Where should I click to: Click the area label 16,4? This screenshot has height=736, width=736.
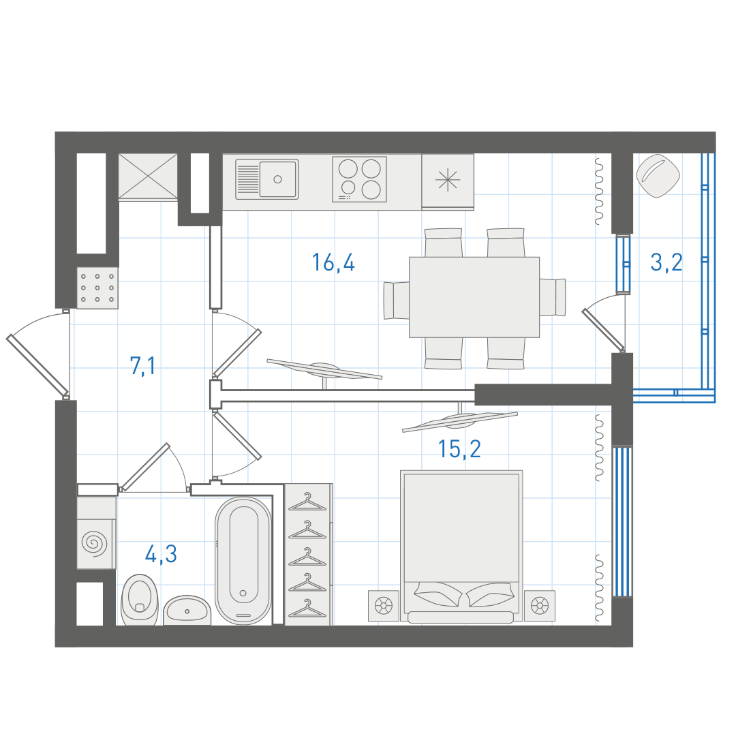(x=333, y=262)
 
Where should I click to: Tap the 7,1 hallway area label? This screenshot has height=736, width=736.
(x=142, y=366)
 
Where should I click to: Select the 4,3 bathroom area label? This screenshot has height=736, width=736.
(x=161, y=554)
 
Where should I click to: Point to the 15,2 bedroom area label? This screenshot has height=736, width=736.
(x=459, y=449)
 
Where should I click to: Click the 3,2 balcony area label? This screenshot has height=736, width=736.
(x=666, y=262)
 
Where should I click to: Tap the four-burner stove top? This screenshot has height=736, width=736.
(x=360, y=179)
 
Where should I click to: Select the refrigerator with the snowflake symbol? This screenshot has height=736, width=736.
(x=448, y=181)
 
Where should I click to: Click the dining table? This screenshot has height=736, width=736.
(x=474, y=297)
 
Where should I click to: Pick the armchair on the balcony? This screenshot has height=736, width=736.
(x=658, y=176)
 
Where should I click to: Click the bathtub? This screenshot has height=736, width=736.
(x=243, y=561)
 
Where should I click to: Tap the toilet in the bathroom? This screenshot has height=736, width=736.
(x=140, y=600)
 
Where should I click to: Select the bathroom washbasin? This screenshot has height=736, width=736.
(x=187, y=610)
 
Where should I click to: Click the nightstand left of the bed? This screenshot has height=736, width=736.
(x=384, y=606)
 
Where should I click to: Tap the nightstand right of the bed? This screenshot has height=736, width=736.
(x=539, y=606)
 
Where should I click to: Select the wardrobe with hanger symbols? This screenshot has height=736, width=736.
(x=309, y=554)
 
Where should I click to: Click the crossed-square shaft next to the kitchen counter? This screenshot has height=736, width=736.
(x=148, y=177)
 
